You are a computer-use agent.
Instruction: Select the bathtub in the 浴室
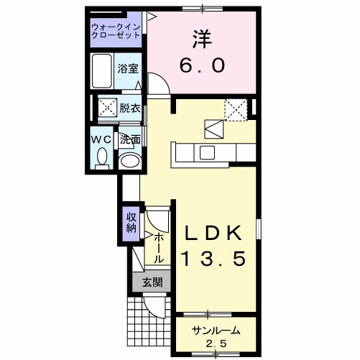[x=103, y=70]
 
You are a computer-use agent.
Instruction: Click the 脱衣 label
[x=129, y=109]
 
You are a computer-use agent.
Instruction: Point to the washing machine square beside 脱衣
[x=107, y=109]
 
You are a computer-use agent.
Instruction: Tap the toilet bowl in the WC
[x=101, y=156]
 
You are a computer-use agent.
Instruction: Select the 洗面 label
[x=130, y=139]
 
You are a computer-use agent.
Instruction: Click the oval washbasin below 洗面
[x=129, y=160]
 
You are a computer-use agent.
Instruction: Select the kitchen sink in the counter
[x=207, y=152]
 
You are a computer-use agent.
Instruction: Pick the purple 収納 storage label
[x=131, y=223]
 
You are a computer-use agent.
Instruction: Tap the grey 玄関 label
[x=152, y=282]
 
